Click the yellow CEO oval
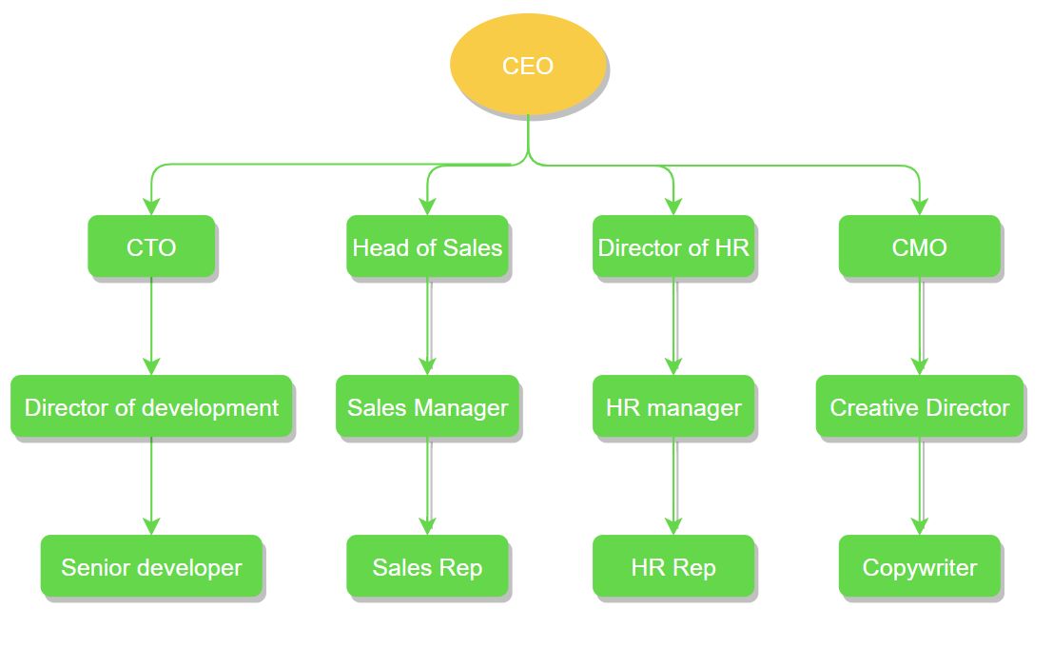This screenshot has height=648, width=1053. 527,66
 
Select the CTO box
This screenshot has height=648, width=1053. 151,247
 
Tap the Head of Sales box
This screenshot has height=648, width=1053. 427,247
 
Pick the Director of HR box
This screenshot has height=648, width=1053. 673,247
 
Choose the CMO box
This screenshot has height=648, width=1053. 919,247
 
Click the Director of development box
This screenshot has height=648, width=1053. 151,407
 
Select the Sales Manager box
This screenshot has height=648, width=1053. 427,407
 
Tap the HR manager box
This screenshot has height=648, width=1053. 673,407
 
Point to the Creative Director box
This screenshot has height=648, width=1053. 919,407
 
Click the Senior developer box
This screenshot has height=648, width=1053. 151,567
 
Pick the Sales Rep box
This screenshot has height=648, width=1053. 427,567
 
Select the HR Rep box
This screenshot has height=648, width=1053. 673,567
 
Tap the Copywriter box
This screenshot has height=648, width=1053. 919,567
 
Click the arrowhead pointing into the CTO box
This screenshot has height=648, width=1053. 151,206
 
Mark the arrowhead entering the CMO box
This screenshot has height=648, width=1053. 919,206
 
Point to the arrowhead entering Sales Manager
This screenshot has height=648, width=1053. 427,365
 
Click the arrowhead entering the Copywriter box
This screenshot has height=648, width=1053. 919,525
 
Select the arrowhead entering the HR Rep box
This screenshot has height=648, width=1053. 673,525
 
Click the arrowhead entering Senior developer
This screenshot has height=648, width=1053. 151,525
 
